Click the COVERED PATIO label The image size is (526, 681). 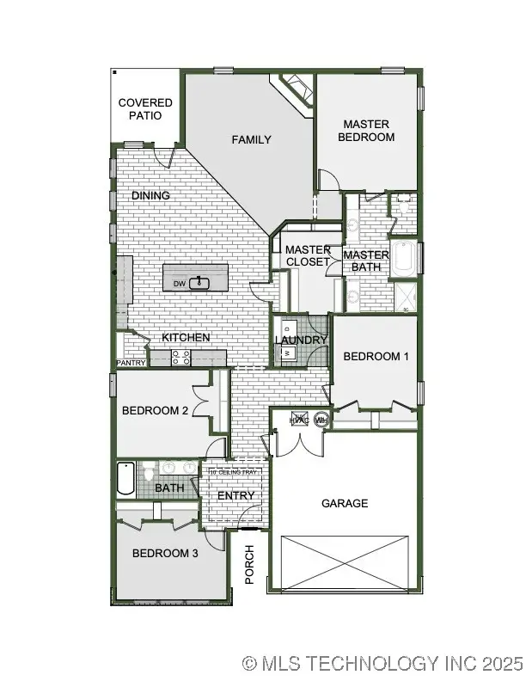pos(145,109)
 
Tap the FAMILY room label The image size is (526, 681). pos(251,139)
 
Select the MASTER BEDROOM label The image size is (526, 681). pos(366,131)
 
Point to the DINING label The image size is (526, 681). pos(150,196)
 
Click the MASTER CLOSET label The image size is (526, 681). pos(308,255)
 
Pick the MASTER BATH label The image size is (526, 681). pos(366,261)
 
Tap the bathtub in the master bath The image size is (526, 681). pos(402,261)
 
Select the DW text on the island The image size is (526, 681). pos(180,283)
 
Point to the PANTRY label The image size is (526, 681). pos(131,364)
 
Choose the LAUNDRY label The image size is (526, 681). pos(301,340)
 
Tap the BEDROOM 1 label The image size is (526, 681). pos(376,357)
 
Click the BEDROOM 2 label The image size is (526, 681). pos(155,411)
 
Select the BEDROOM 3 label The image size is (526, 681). pos(165,554)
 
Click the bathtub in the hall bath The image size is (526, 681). pos(125,479)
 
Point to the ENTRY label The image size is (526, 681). pos(235,495)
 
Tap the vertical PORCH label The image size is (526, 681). pos(250,564)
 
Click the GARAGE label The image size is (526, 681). pos(345,503)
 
